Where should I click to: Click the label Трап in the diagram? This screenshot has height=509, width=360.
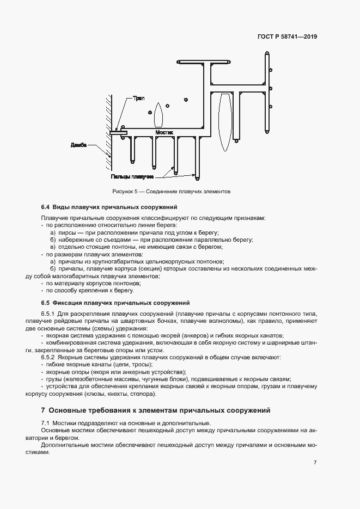139,99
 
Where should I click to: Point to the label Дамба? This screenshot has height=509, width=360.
80,145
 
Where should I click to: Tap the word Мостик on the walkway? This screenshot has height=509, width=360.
164,132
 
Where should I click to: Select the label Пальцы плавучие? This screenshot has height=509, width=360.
131,176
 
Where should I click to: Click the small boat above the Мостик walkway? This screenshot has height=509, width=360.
158,115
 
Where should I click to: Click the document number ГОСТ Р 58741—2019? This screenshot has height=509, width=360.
288,37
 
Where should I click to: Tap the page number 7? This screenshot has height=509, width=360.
315,463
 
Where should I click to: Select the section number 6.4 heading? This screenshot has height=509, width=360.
45,207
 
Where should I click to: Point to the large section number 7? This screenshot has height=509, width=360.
43,410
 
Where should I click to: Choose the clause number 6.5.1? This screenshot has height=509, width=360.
48,315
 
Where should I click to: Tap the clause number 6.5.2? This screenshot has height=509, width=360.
48,357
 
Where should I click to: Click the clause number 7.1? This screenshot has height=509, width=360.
45,423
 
